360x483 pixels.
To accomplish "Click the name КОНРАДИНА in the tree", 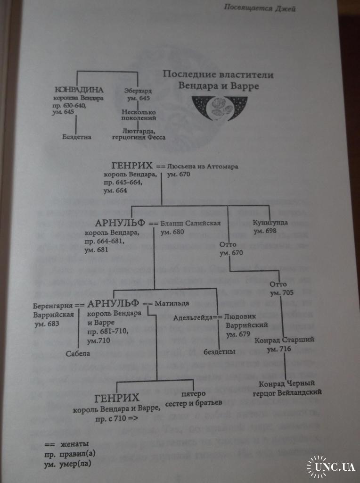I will click(79, 90).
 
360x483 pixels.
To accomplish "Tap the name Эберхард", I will click(139, 90).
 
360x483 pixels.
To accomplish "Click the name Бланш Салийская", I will click(190, 224).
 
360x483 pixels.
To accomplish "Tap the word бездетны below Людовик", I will click(220, 351).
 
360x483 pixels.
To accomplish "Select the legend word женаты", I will click(74, 444).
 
